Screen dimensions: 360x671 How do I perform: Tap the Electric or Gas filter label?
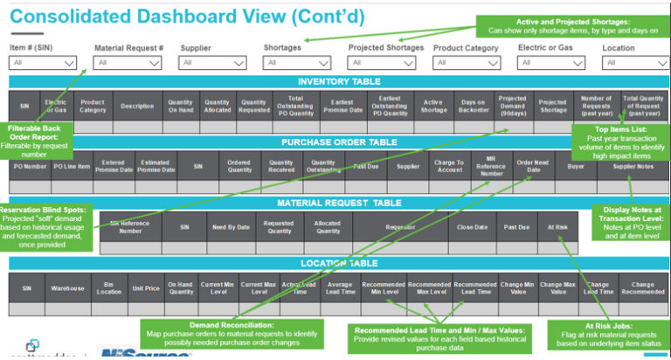(x=546, y=48)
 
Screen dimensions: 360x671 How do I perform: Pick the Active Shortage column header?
(x=432, y=105)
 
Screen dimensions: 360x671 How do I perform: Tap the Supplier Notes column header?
(x=633, y=165)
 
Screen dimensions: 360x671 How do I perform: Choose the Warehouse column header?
(x=66, y=287)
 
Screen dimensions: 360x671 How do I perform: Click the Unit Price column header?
(x=144, y=287)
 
